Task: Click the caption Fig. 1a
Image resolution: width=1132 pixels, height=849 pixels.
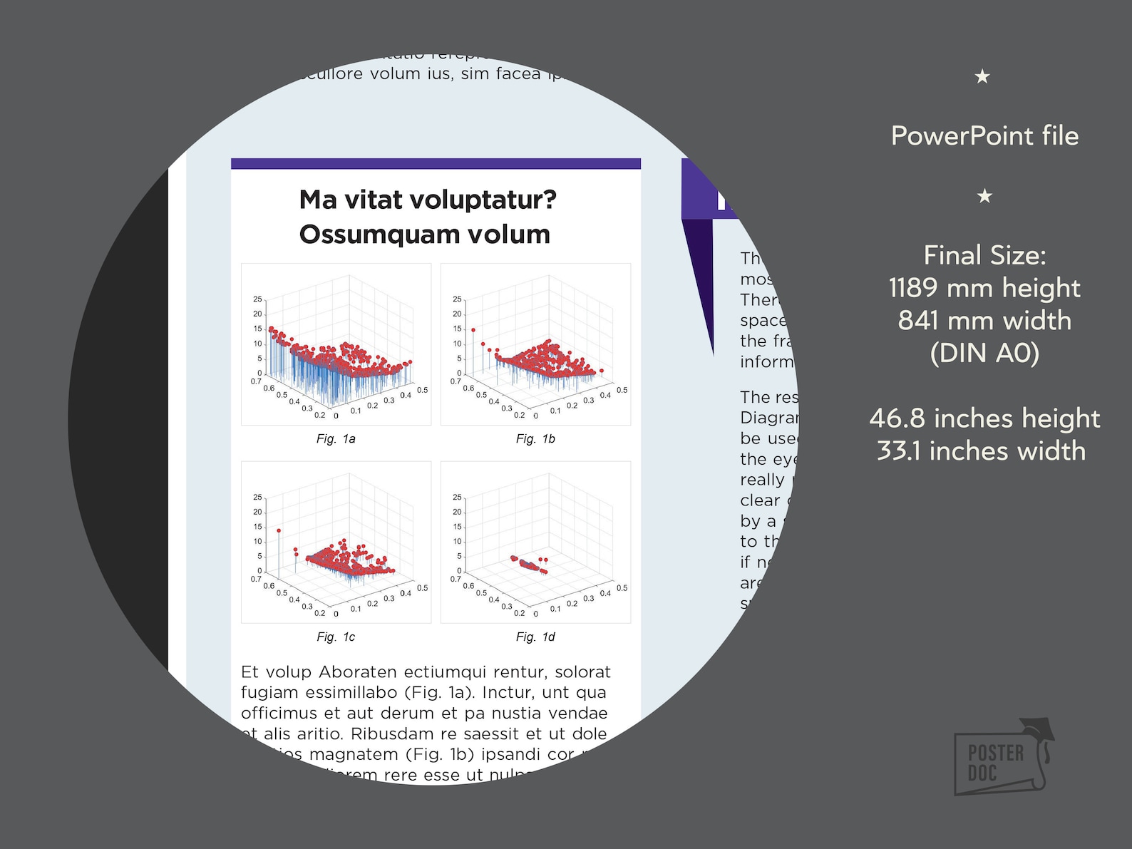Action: pyautogui.click(x=336, y=439)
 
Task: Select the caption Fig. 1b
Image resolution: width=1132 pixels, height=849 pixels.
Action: pyautogui.click(x=535, y=439)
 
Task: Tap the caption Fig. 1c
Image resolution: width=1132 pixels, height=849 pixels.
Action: pyautogui.click(x=336, y=637)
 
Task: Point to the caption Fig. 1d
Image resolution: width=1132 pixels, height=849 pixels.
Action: pyautogui.click(x=535, y=637)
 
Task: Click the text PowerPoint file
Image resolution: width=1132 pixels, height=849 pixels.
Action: pyautogui.click(x=984, y=136)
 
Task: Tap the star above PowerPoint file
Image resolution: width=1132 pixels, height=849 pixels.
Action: pyautogui.click(x=982, y=76)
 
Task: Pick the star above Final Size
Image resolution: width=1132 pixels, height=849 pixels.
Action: pyautogui.click(x=984, y=196)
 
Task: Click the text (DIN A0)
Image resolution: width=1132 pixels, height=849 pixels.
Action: pyautogui.click(x=984, y=354)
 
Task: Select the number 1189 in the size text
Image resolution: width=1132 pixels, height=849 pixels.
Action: pyautogui.click(x=913, y=289)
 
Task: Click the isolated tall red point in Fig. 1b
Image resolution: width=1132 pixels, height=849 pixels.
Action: pyautogui.click(x=473, y=331)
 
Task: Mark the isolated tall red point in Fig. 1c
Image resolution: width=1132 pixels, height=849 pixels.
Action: pyautogui.click(x=279, y=531)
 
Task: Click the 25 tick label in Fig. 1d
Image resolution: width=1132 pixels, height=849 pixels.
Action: pyautogui.click(x=457, y=497)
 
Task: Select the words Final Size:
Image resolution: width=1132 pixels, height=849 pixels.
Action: pyautogui.click(x=984, y=256)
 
